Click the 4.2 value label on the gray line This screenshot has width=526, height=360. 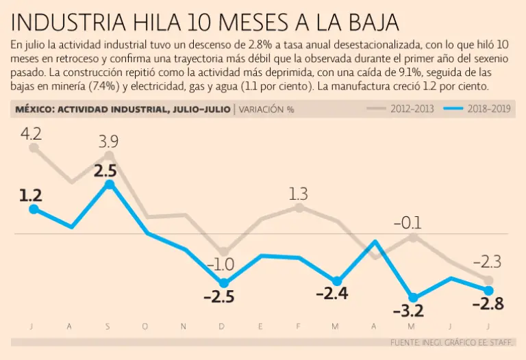pyautogui.click(x=32, y=133)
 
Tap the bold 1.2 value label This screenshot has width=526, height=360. pyautogui.click(x=31, y=195)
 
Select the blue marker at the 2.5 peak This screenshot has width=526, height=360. pyautogui.click(x=109, y=184)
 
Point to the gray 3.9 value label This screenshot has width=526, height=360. pyautogui.click(x=108, y=142)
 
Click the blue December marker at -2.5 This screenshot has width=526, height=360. pyautogui.click(x=223, y=283)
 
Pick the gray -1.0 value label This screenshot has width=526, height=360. pyautogui.click(x=221, y=264)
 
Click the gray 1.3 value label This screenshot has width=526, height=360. pyautogui.click(x=299, y=192)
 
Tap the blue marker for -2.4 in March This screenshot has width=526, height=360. pyautogui.click(x=336, y=281)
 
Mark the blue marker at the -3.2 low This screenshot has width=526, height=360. pyautogui.click(x=412, y=296)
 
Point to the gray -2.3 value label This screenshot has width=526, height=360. pyautogui.click(x=487, y=261)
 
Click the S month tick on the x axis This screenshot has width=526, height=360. pyautogui.click(x=108, y=326)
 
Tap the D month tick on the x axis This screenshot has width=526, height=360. pyautogui.click(x=222, y=326)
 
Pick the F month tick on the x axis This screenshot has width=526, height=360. pyautogui.click(x=298, y=326)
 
